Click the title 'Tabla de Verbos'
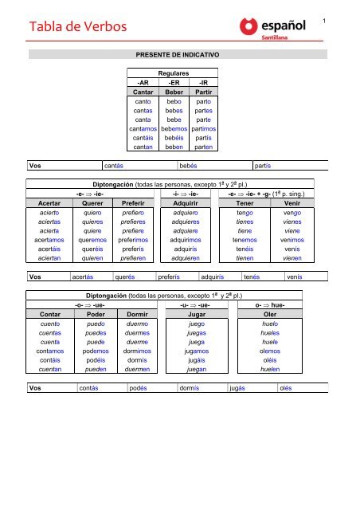[71, 28]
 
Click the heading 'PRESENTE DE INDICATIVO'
[179, 57]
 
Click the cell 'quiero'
[94, 214]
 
